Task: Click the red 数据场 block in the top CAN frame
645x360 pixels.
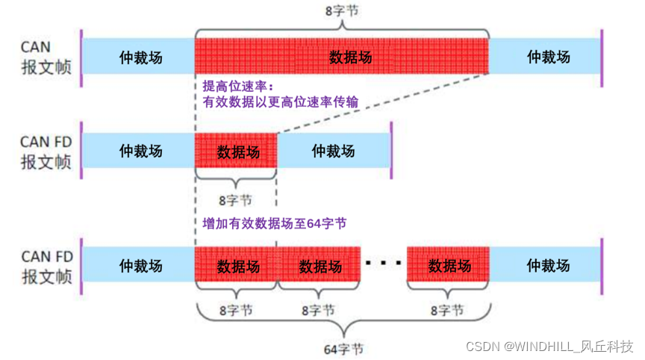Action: pos(342,57)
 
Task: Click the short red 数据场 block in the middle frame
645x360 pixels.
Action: pos(237,152)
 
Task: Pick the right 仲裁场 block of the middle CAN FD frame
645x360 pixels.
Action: pos(334,152)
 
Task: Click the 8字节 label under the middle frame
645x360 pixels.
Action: pos(235,200)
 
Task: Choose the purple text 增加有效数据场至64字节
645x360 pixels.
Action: pos(274,223)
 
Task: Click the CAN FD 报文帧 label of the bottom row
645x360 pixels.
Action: pos(46,267)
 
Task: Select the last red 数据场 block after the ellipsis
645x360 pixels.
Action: pos(448,265)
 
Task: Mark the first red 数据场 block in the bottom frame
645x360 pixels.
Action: pos(237,265)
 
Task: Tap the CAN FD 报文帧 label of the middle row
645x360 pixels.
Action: pos(46,152)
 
